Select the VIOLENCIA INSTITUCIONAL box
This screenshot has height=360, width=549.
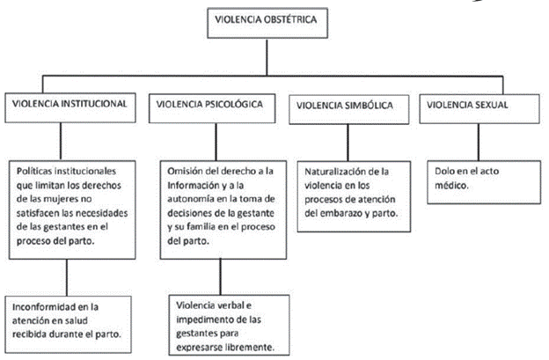pos(71,104)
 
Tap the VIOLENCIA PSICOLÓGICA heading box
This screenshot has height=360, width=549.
pos(211,105)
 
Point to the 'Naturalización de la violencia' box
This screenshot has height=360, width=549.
pos(352,193)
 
